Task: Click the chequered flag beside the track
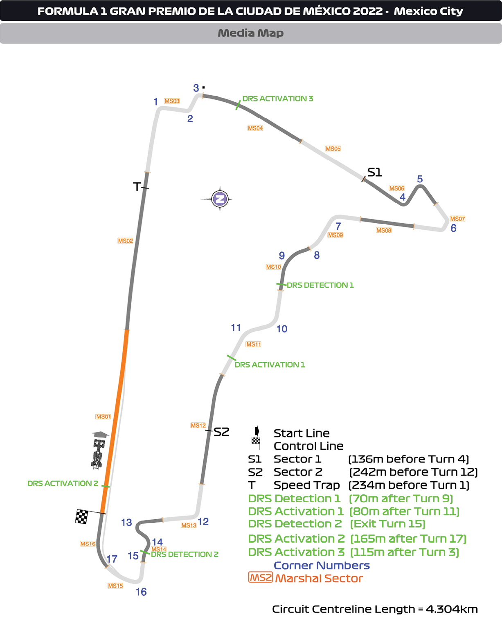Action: [82, 516]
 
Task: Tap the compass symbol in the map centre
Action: [220, 199]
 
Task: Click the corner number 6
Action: [453, 228]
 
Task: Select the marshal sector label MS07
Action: [457, 219]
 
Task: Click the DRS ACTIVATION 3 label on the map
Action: [278, 99]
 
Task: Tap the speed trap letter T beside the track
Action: [137, 187]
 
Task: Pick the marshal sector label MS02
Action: [125, 241]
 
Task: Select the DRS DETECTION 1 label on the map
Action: [320, 285]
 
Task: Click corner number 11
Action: [236, 328]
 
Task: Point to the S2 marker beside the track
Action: [221, 432]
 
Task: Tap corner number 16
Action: [141, 592]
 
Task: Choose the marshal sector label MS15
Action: [115, 586]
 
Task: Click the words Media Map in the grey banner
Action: [250, 33]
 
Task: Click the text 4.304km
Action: [452, 609]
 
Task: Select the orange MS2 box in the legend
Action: [260, 578]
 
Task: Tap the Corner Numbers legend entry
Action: [322, 565]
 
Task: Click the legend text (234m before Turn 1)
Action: [409, 485]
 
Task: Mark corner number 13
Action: [126, 523]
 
